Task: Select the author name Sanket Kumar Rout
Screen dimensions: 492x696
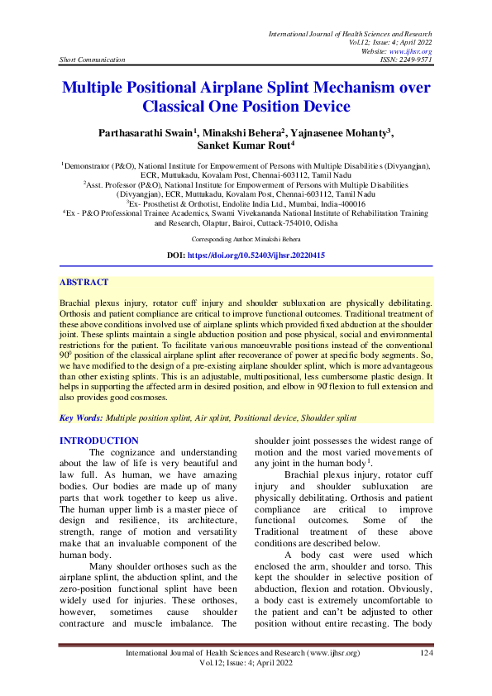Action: click(x=244, y=146)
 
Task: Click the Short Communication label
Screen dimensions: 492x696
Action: click(x=93, y=60)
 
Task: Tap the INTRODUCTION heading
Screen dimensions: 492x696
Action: click(x=99, y=441)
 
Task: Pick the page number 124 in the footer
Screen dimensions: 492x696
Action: click(x=426, y=653)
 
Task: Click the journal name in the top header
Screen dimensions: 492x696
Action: click(x=351, y=32)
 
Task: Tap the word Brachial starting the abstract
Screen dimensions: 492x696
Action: click(x=77, y=305)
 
